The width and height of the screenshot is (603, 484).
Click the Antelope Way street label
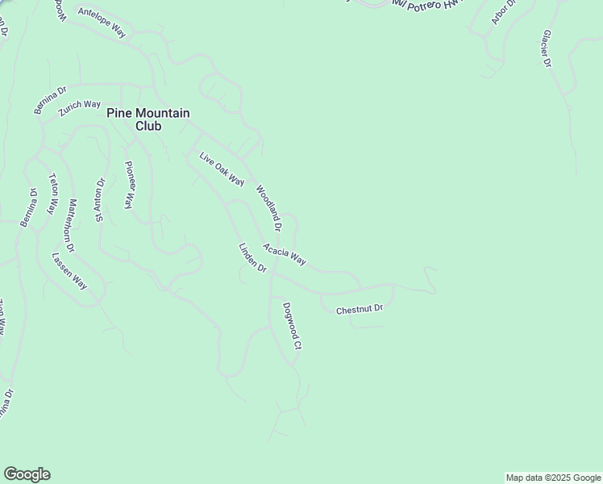102,22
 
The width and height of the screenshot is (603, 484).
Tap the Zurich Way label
79,110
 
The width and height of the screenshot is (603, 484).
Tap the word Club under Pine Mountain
148,127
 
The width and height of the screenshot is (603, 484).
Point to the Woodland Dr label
268,205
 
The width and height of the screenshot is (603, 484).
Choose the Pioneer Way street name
128,186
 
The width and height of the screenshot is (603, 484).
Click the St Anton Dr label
100,199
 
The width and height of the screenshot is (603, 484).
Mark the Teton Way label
53,194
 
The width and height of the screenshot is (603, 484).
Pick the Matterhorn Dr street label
71,225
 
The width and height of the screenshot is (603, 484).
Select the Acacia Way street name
285,254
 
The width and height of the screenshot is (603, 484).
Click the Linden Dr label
252,257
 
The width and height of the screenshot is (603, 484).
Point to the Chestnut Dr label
360,309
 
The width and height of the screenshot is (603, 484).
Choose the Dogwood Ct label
292,326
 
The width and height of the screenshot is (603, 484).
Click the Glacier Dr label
547,49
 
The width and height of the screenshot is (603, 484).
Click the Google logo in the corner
27,474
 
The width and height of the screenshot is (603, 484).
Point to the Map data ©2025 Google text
553,478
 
